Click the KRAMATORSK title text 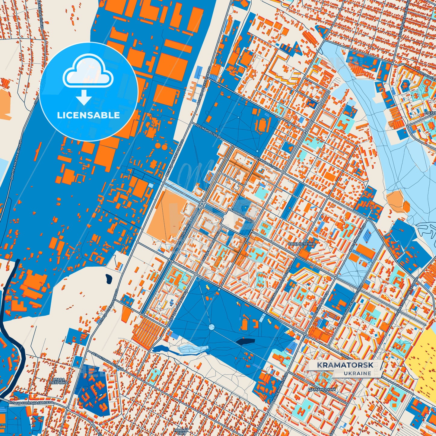pyautogui.click(x=345, y=365)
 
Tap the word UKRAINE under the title pyautogui.click(x=357, y=373)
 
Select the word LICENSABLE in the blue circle pyautogui.click(x=89, y=115)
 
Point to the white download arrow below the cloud pyautogui.click(x=84, y=97)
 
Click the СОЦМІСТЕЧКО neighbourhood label pyautogui.click(x=302, y=243)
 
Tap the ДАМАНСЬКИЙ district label pyautogui.click(x=322, y=390)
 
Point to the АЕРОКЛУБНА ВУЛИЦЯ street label pyautogui.click(x=109, y=361)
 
